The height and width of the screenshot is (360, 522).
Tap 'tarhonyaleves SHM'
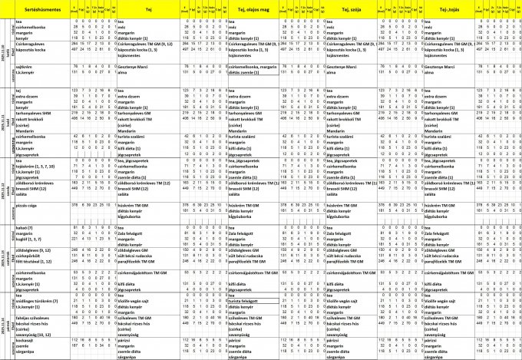31,111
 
